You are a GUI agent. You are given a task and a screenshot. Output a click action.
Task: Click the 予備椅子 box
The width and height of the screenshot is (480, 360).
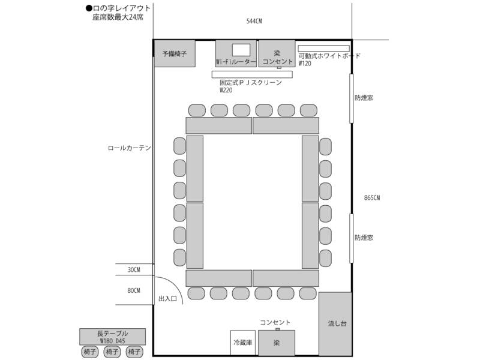pyautogui.click(x=175, y=53)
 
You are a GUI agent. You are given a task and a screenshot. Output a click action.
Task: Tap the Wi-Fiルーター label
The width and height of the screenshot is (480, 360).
pyautogui.click(x=236, y=62)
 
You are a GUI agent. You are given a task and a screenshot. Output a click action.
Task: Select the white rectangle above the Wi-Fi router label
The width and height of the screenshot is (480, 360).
pyautogui.click(x=241, y=49)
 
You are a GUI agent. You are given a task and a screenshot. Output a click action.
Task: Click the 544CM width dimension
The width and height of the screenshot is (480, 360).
pyautogui.click(x=254, y=21)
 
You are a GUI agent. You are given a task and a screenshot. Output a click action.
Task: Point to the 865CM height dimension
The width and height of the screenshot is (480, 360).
pyautogui.click(x=372, y=197)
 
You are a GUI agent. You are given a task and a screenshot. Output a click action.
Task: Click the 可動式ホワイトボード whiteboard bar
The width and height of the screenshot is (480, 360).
pyautogui.click(x=324, y=48)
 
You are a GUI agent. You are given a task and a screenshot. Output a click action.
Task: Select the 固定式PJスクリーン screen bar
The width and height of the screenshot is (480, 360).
pyautogui.click(x=252, y=74)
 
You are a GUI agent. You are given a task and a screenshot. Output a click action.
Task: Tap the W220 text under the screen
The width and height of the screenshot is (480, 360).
pyautogui.click(x=226, y=90)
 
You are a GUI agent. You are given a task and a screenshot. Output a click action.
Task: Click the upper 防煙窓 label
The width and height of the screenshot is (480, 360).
pyautogui.click(x=364, y=97)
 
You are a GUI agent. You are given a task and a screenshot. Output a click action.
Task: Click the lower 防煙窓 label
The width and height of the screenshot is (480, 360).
pyautogui.click(x=364, y=238)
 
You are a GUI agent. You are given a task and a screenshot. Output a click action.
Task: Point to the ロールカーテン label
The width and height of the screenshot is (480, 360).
pyautogui.click(x=129, y=148)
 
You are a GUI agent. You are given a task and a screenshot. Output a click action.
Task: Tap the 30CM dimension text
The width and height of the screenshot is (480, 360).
pyautogui.click(x=134, y=270)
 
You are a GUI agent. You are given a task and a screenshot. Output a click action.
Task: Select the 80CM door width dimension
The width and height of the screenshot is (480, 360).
pyautogui.click(x=134, y=291)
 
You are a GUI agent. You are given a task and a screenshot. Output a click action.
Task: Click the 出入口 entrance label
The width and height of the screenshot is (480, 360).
pyautogui.click(x=167, y=298)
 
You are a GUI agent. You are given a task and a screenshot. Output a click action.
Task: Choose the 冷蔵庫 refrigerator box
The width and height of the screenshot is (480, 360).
pyautogui.click(x=243, y=343)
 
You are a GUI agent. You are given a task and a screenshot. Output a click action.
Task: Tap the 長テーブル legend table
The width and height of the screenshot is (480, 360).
pyautogui.click(x=112, y=336)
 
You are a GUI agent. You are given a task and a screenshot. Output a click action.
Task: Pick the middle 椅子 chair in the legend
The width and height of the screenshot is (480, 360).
pyautogui.click(x=112, y=352)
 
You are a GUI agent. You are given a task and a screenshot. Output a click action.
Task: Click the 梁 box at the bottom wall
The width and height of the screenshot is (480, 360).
pyautogui.click(x=277, y=343)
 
